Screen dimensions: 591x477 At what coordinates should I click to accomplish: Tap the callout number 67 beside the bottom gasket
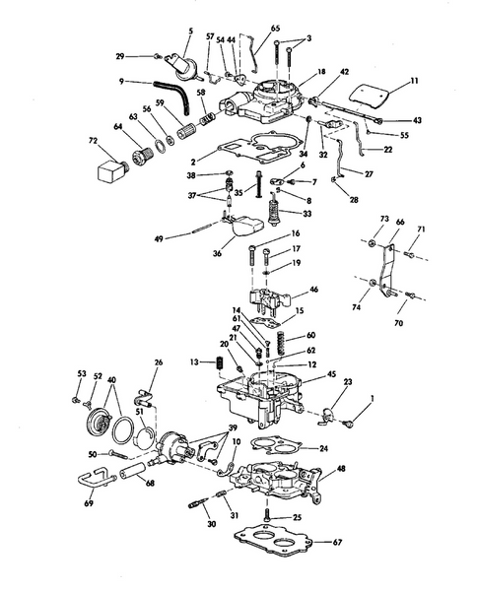pyautogui.click(x=338, y=543)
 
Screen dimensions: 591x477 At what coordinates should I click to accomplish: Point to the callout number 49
pyautogui.click(x=160, y=237)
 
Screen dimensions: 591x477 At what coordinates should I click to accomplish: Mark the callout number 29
pyautogui.click(x=147, y=55)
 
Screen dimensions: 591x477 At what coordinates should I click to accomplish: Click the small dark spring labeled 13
pyautogui.click(x=221, y=367)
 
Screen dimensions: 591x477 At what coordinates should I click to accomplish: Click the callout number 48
pyautogui.click(x=342, y=470)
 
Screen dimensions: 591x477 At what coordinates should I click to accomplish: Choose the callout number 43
pyautogui.click(x=418, y=119)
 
